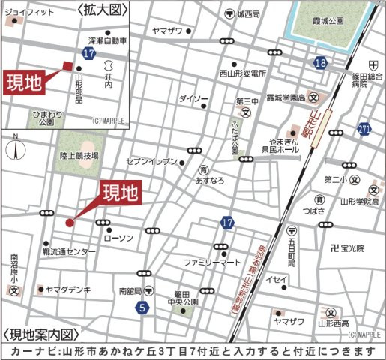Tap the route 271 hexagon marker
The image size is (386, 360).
[x=365, y=129]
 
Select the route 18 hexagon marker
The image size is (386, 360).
[x=320, y=64]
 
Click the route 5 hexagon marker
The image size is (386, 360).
[x=142, y=307]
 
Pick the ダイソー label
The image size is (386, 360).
[x=193, y=98]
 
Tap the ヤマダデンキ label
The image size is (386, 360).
[x=67, y=288]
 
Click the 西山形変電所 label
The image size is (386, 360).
[x=243, y=73]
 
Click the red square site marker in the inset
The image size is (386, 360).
[x=67, y=65]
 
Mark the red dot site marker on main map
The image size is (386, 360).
[x=69, y=222]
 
